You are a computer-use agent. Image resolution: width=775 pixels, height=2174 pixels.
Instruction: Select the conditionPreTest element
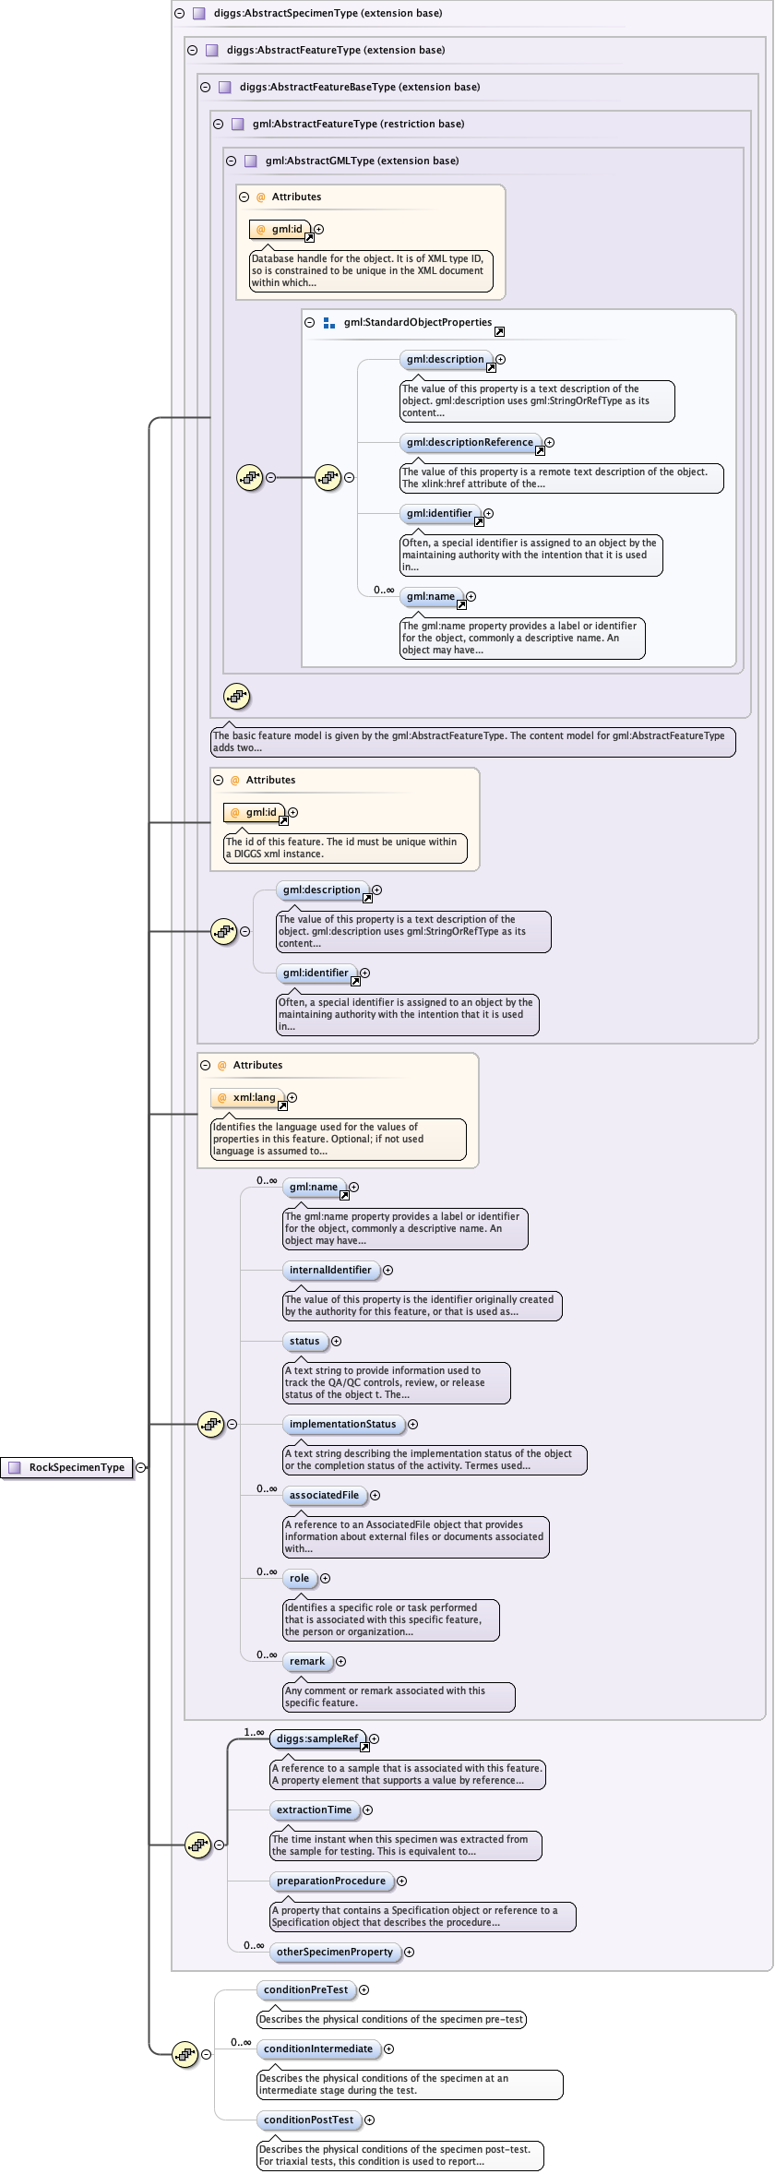(306, 1989)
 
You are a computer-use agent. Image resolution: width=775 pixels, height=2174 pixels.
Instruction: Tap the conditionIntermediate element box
(318, 2049)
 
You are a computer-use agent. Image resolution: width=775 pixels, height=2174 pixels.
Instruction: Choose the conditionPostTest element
(308, 2120)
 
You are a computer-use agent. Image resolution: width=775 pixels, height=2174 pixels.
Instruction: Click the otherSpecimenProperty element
(335, 1952)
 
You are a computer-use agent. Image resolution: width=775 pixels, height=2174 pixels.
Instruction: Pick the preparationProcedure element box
(331, 1881)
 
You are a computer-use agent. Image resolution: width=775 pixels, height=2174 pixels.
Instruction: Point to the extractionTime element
(314, 1810)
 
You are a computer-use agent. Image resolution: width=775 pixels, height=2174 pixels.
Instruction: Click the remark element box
(307, 1661)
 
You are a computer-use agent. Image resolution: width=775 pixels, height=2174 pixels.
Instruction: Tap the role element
(300, 1578)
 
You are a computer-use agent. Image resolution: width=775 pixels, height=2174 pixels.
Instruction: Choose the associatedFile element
(325, 1495)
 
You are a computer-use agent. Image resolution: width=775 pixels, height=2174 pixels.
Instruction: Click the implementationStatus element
(343, 1424)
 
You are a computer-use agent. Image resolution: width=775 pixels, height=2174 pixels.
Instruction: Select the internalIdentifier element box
(330, 1270)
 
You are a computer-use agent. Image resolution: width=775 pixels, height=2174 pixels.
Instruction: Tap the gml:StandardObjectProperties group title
(418, 322)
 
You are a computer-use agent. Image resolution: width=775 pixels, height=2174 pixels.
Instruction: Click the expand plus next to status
(336, 1341)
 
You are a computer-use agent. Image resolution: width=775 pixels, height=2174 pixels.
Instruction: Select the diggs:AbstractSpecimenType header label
(328, 13)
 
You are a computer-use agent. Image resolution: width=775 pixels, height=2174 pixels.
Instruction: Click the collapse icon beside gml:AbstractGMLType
(232, 161)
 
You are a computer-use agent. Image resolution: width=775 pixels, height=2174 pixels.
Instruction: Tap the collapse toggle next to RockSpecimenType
(140, 1467)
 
